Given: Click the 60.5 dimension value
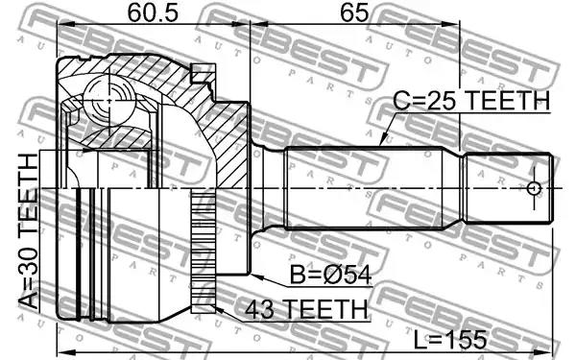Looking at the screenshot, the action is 153,12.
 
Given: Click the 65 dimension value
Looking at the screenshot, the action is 354,12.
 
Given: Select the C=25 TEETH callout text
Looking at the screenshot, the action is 471,100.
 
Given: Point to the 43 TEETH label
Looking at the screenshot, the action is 307,309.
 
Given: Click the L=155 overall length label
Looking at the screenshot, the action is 450,339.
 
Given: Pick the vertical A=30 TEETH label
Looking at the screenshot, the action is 28,231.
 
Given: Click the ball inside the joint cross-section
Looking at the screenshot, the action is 108,100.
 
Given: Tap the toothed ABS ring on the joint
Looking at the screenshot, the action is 204,251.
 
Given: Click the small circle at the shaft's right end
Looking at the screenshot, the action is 534,188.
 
